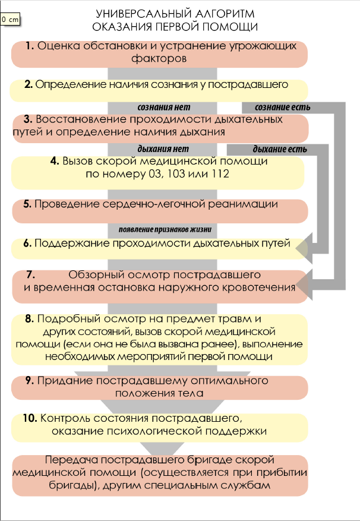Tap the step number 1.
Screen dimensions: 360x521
(x=29, y=47)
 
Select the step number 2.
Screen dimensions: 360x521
(x=28, y=84)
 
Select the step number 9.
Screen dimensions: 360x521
(x=29, y=380)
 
